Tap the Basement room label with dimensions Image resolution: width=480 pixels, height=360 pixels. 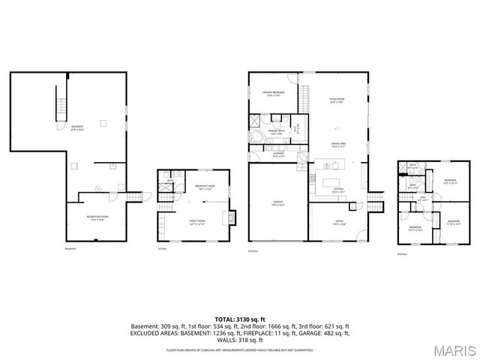coord(77,127)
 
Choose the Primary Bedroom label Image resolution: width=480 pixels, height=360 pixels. coord(271,94)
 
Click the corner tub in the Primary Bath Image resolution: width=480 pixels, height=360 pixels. coord(257,138)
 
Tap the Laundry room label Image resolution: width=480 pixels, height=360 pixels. coord(277,155)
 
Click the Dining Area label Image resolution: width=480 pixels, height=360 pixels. coord(338,145)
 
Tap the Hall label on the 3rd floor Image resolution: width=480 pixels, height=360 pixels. coord(422,199)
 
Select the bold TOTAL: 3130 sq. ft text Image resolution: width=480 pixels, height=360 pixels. coord(239,319)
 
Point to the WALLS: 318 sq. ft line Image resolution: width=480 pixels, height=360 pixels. coord(239,341)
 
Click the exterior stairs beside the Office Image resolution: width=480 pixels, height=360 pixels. coord(374,201)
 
